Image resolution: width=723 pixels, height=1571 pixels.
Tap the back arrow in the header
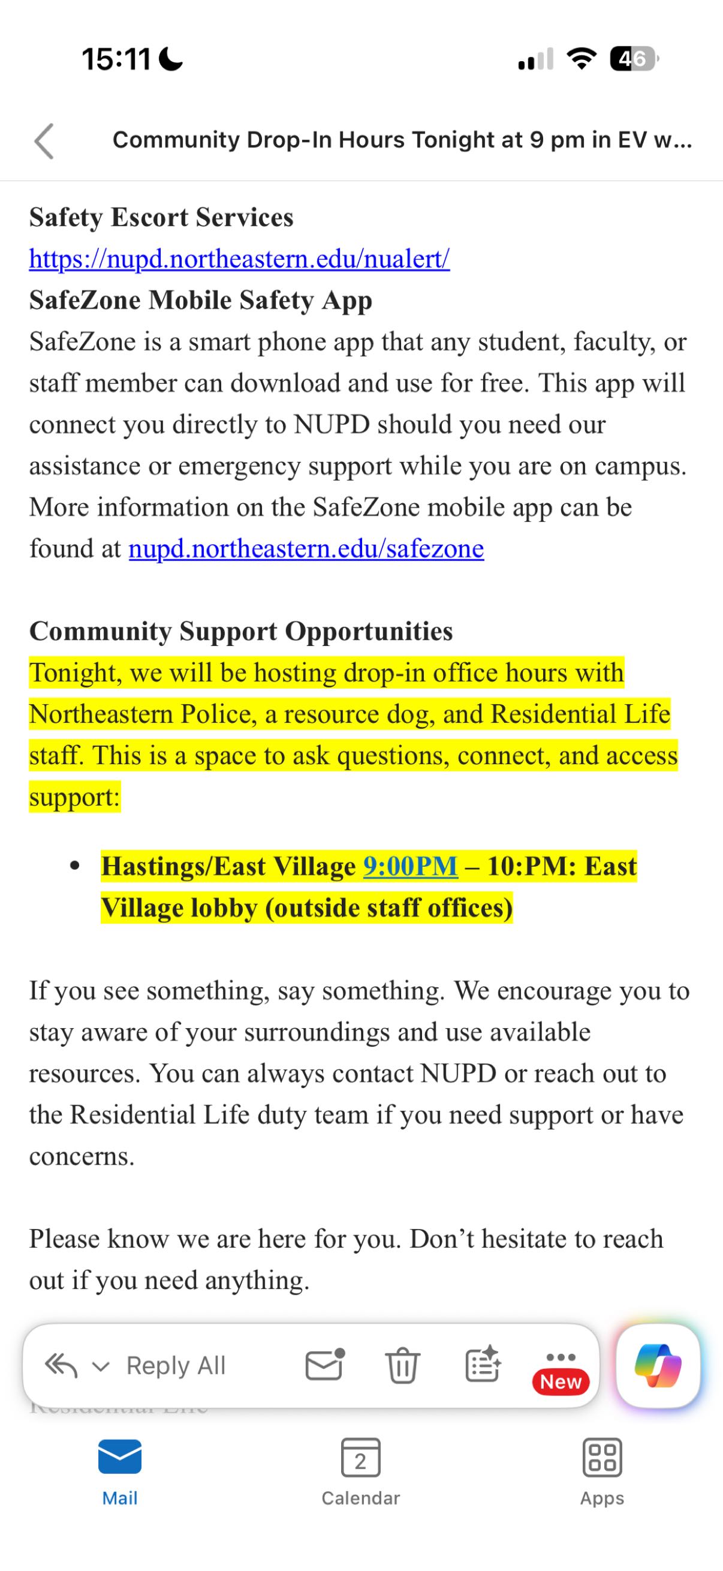44,141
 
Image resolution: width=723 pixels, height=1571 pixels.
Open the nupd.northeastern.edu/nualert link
239,259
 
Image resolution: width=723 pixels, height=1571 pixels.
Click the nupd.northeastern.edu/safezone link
306,549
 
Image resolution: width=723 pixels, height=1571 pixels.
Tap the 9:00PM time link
410,866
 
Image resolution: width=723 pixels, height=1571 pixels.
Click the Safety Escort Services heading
161,218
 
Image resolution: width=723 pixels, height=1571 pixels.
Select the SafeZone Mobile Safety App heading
201,301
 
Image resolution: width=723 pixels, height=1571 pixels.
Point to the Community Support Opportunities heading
241,632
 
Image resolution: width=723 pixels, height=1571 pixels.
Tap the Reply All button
176,1365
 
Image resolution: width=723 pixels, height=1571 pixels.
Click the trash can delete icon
402,1365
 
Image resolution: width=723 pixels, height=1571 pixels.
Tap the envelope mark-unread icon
324,1364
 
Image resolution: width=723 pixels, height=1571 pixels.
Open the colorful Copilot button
658,1365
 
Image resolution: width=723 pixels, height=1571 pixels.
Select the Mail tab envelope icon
120,1456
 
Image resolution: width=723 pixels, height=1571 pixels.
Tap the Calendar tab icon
360,1458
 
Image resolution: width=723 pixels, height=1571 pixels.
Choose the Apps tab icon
602,1458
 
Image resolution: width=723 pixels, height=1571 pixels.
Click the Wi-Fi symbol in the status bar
582,59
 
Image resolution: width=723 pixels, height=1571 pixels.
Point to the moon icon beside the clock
171,59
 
